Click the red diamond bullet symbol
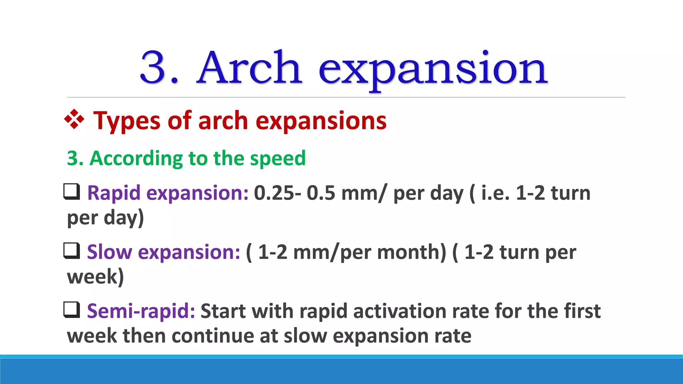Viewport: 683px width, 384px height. tap(74, 119)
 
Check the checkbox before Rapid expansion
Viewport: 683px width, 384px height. tap(72, 192)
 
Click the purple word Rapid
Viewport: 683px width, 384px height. tap(113, 193)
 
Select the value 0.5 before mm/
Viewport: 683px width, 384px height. tap(321, 193)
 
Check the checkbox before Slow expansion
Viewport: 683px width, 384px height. tap(72, 251)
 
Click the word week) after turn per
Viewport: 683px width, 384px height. tap(95, 277)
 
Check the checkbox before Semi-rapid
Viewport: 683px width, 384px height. tap(72, 310)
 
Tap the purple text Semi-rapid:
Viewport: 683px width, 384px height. tap(141, 311)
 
